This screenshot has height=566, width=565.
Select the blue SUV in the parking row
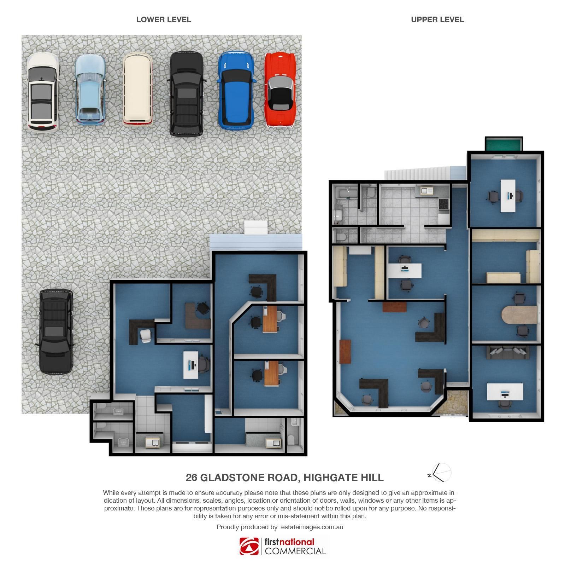tap(236, 90)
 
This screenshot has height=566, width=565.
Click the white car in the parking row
tap(43, 92)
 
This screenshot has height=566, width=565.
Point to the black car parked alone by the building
tap(56, 331)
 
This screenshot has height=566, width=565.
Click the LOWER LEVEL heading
tap(164, 20)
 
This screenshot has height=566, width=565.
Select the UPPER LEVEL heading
tap(437, 20)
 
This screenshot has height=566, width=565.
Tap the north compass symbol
tap(440, 473)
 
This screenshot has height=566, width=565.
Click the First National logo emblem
tap(249, 546)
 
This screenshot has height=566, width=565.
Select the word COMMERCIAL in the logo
tap(295, 551)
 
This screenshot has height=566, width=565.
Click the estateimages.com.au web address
tap(312, 527)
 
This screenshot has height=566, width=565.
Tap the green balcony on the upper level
tap(504, 144)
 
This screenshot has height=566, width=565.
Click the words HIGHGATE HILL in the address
tap(343, 478)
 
